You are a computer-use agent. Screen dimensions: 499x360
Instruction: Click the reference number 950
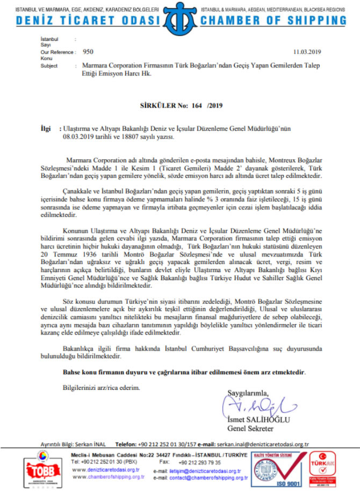[88, 53]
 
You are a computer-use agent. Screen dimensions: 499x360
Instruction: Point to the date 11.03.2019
[306, 53]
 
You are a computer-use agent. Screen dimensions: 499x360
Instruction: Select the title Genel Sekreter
[251, 429]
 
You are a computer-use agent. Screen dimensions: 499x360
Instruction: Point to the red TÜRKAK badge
[322, 467]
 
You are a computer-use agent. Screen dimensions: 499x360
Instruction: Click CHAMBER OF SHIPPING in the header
[273, 20]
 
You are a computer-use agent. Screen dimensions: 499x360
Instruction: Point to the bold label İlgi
[48, 130]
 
